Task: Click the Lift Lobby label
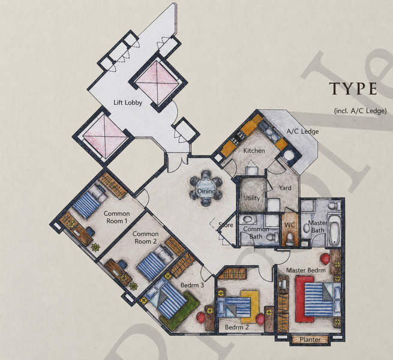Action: point(128,103)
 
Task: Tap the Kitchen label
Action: point(254,151)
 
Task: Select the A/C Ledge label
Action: point(303,131)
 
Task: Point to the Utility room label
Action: point(251,198)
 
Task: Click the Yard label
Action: point(285,188)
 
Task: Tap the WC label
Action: point(290,225)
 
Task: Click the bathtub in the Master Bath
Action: point(334,230)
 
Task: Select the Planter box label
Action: point(310,340)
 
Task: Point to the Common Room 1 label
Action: point(117,217)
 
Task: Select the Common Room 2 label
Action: point(146,238)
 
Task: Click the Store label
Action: point(226,225)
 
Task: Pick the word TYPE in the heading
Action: point(353,88)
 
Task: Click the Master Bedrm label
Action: point(306,270)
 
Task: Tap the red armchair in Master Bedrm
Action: point(325,259)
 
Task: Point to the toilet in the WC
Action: point(289,239)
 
